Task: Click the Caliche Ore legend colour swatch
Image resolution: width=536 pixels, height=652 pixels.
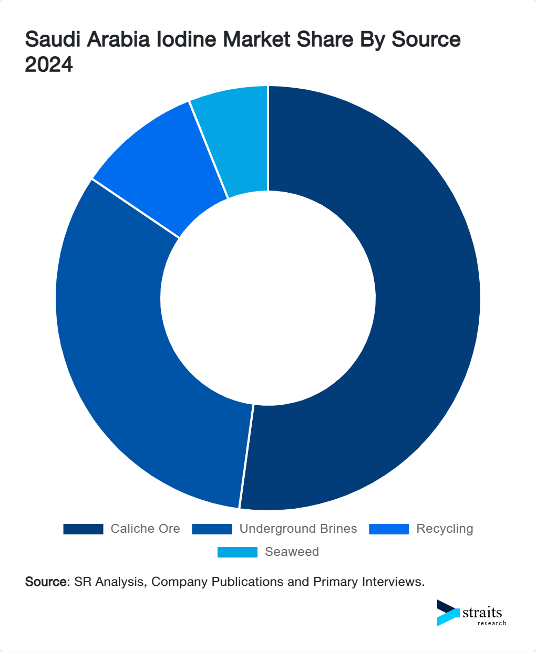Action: tap(83, 529)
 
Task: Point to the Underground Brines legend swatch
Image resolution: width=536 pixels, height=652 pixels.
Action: tap(212, 529)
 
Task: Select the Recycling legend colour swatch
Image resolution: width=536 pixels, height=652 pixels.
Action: tap(389, 529)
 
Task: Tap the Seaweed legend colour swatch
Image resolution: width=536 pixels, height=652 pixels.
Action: tap(238, 552)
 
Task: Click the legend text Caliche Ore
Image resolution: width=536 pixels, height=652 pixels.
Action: tap(145, 529)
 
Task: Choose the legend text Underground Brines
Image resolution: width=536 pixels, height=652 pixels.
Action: tap(298, 529)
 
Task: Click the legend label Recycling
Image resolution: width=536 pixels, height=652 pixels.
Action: tap(445, 529)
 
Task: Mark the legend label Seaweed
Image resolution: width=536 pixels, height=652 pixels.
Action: tap(292, 552)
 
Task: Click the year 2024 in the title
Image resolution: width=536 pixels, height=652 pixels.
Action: tap(49, 65)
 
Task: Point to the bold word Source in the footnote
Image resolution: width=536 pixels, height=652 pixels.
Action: tap(46, 582)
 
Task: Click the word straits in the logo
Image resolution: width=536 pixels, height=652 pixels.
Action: tap(482, 613)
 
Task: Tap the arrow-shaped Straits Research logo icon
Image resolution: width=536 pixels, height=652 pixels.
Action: tap(448, 613)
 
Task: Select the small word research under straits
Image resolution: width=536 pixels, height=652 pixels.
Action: tap(492, 623)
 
